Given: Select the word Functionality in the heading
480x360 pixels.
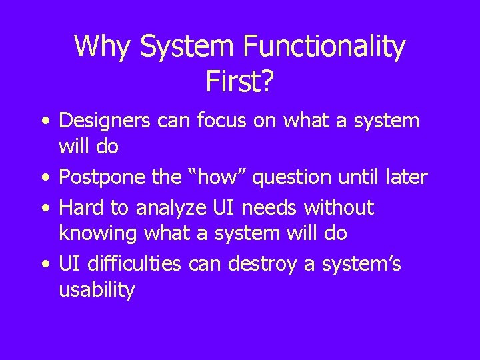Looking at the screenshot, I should coord(324,47).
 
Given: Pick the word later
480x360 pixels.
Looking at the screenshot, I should coord(405,178).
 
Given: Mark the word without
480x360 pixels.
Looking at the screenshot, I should coord(339,208).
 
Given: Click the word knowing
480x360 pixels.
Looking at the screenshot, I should coord(96,233).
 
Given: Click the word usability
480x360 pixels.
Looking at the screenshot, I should coord(97,291).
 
